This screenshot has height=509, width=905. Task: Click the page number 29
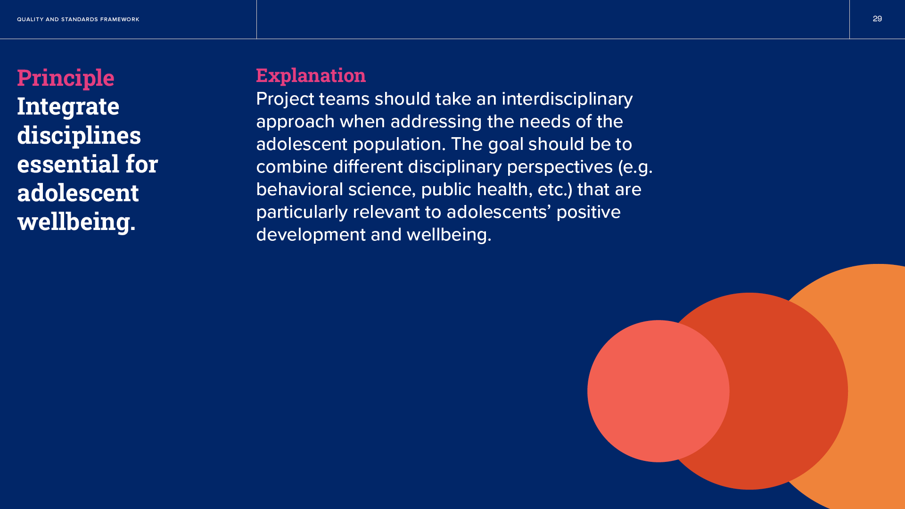point(877,19)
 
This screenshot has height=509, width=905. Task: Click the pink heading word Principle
point(66,78)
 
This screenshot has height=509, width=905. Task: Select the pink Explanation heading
point(311,75)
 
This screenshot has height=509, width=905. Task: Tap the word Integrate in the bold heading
point(68,106)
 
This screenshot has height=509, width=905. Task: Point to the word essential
point(68,164)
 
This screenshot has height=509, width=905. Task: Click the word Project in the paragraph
point(285,99)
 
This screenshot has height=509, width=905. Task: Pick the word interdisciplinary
point(567,99)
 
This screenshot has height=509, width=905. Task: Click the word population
point(399,145)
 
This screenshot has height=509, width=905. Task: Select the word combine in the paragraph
point(292,167)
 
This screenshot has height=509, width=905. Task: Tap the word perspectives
point(559,167)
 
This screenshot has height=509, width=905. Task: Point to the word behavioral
point(300,189)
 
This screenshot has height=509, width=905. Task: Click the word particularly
point(302,213)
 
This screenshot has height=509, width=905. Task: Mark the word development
point(311,235)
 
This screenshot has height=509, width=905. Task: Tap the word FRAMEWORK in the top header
point(120,19)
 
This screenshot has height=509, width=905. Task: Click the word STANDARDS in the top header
point(80,19)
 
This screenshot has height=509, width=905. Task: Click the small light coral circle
point(658,391)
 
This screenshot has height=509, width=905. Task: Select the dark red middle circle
point(792,391)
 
